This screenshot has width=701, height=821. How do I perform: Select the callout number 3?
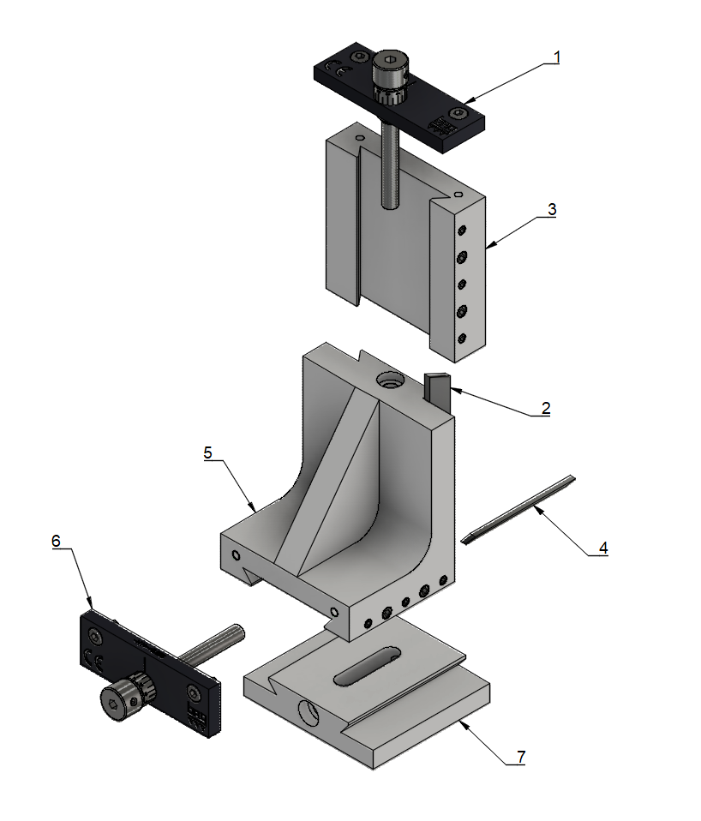(x=553, y=209)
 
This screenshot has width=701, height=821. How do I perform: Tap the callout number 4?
(x=603, y=548)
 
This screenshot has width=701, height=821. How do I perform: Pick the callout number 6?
(x=57, y=542)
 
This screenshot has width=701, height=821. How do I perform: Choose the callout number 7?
(x=520, y=757)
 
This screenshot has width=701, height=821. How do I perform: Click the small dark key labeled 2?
(x=436, y=390)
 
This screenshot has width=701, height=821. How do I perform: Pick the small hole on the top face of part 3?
(x=360, y=136)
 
